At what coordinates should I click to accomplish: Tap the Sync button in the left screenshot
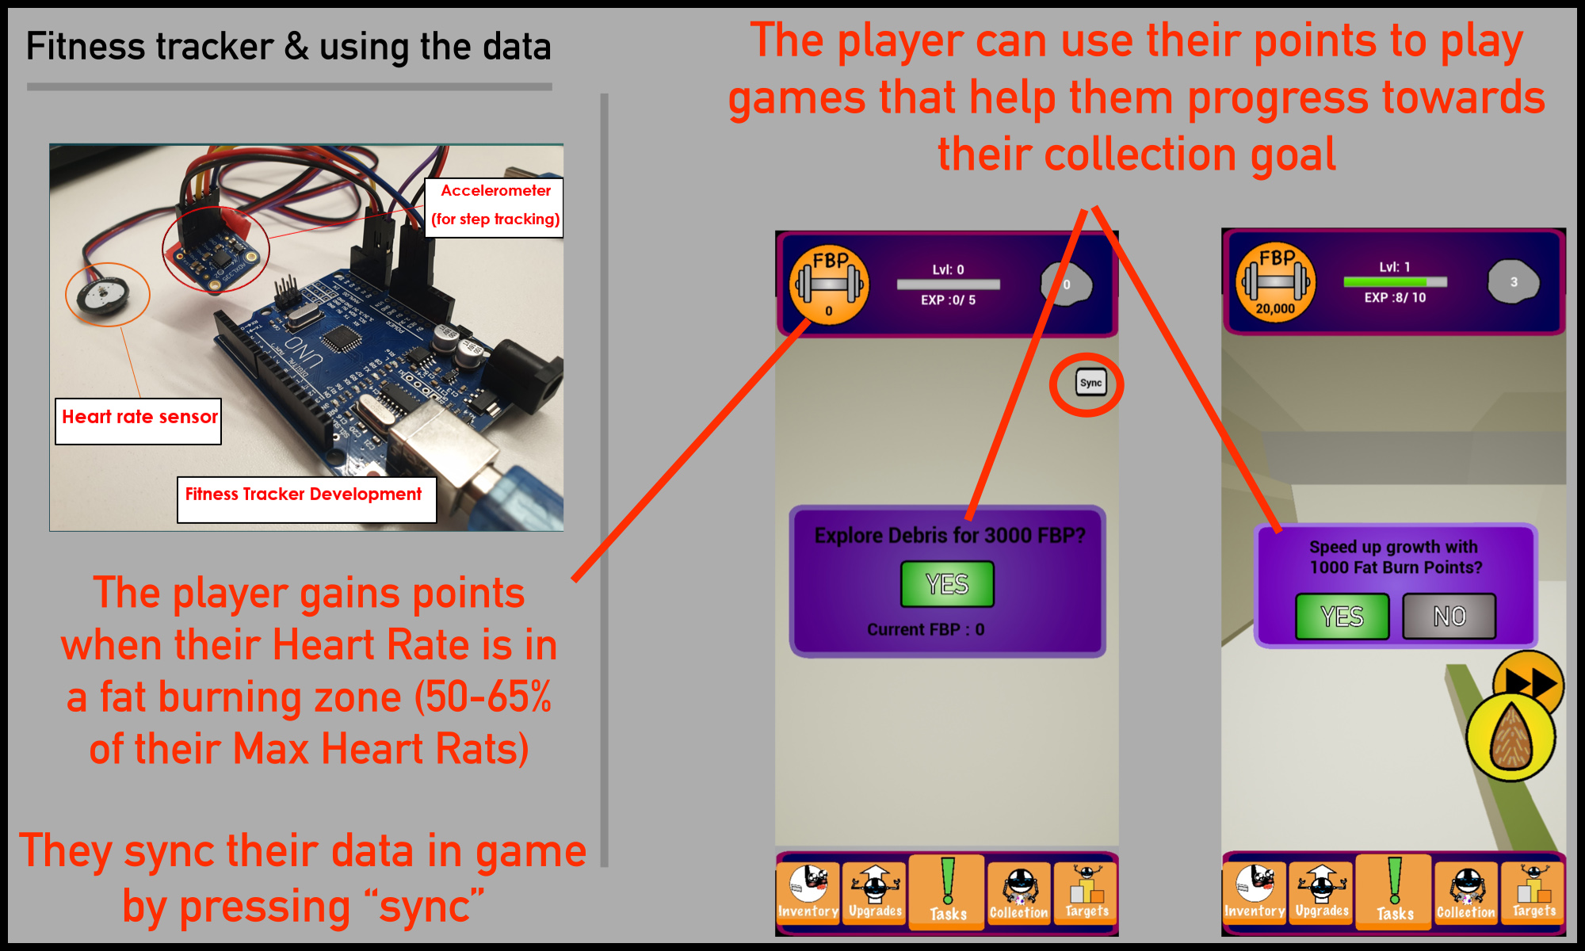coord(1090,383)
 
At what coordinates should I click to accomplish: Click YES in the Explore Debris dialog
coord(947,584)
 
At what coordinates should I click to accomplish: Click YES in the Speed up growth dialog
coord(1342,617)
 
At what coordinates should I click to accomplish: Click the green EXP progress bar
coord(1395,281)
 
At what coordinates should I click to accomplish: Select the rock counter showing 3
coord(1513,282)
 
